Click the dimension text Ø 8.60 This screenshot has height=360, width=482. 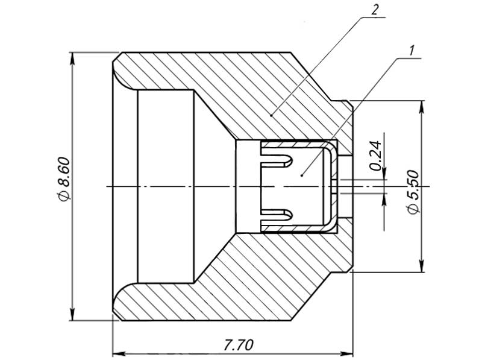click(x=64, y=178)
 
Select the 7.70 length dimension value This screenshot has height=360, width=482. click(x=239, y=345)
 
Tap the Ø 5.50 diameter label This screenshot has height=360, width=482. click(x=413, y=192)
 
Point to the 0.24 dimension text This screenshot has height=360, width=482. click(x=375, y=156)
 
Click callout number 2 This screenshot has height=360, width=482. click(x=374, y=10)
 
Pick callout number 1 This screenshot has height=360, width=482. click(x=412, y=50)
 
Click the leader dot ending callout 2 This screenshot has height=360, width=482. click(x=271, y=115)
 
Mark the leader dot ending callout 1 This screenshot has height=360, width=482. click(x=302, y=175)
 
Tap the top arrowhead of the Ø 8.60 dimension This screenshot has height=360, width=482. click(x=72, y=58)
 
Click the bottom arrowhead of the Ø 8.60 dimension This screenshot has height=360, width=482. click(x=72, y=314)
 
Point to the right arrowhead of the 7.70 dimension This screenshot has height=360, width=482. click(x=346, y=353)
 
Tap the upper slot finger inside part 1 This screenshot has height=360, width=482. click(x=277, y=160)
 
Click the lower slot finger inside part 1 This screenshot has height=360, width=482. click(x=277, y=215)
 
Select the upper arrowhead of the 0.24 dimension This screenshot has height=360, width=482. click(x=384, y=173)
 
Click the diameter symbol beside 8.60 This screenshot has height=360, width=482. click(x=64, y=195)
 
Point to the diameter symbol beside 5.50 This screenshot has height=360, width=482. click(x=413, y=209)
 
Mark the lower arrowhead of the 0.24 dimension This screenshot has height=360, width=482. click(x=384, y=200)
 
